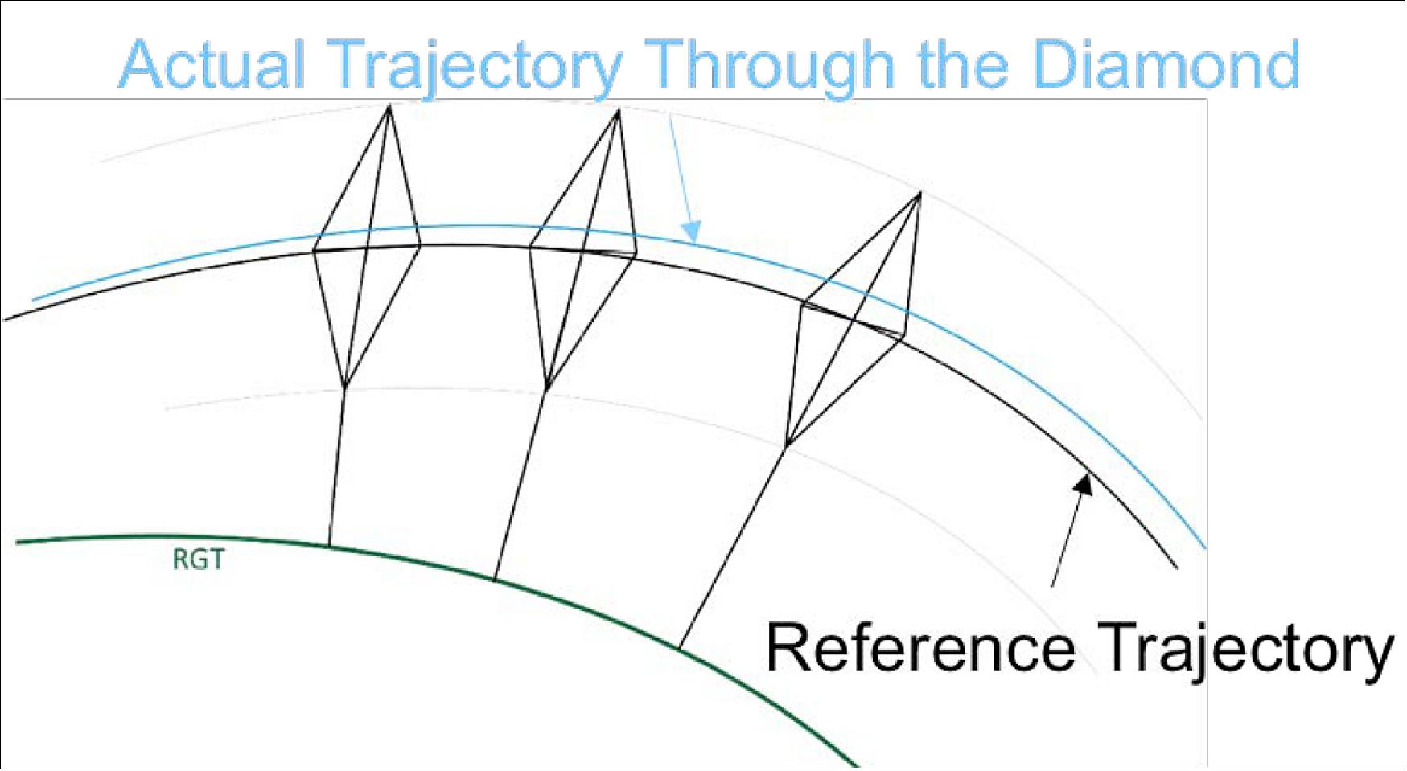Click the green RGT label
click(x=198, y=560)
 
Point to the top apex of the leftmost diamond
click(x=389, y=107)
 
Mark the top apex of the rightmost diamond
click(x=919, y=194)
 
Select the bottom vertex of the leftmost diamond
click(x=344, y=387)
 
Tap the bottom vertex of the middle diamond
click(x=547, y=389)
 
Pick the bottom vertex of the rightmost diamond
click(x=786, y=444)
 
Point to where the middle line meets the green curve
click(x=494, y=579)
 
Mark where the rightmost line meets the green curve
click(x=680, y=647)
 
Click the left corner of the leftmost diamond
click(x=313, y=251)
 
